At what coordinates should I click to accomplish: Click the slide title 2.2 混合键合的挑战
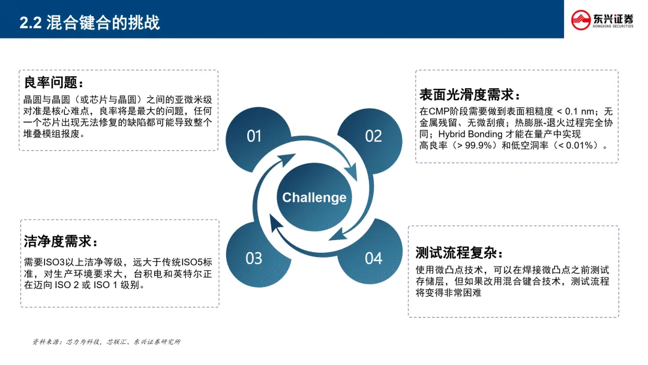pyautogui.click(x=90, y=23)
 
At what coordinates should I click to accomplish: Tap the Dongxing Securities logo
pyautogui.click(x=602, y=19)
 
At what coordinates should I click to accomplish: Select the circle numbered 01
pyautogui.click(x=254, y=136)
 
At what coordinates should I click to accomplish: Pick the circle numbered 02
pyautogui.click(x=373, y=136)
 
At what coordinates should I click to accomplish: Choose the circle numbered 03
pyautogui.click(x=254, y=258)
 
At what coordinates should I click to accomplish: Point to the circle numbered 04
pyautogui.click(x=373, y=258)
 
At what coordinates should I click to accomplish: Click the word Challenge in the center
pyautogui.click(x=314, y=198)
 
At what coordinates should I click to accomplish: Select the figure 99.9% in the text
pyautogui.click(x=472, y=145)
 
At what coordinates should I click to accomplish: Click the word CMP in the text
pyautogui.click(x=438, y=112)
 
